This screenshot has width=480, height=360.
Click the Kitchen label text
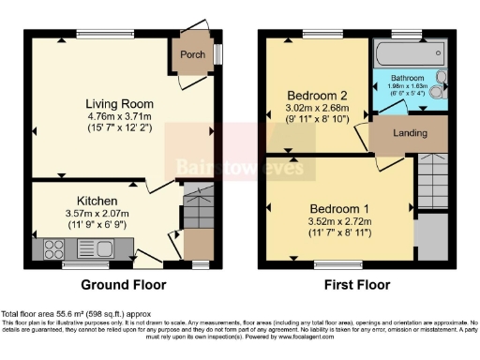97,201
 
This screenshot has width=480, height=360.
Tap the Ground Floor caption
124,284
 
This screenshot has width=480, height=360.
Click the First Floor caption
352,284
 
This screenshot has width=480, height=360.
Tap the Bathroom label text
408,78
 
